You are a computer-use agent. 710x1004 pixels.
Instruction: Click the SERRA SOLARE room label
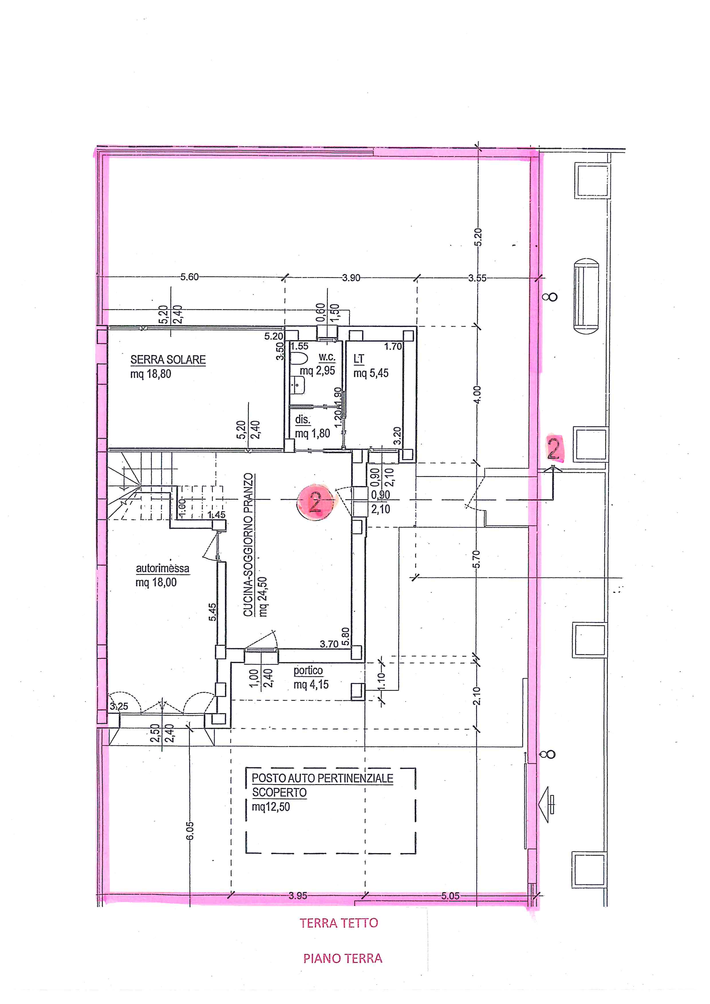(168, 360)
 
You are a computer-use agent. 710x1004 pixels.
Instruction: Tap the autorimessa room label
(163, 569)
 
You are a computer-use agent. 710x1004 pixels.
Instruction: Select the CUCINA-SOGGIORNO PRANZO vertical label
(248, 545)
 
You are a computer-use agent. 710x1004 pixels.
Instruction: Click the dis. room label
(303, 419)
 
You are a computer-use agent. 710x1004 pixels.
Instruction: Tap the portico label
(308, 670)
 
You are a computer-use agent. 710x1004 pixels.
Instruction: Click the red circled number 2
(315, 502)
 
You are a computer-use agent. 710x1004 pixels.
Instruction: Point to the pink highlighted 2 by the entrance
(554, 449)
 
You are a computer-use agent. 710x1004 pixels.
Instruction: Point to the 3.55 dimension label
(477, 278)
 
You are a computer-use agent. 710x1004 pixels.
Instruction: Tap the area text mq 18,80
(151, 374)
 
